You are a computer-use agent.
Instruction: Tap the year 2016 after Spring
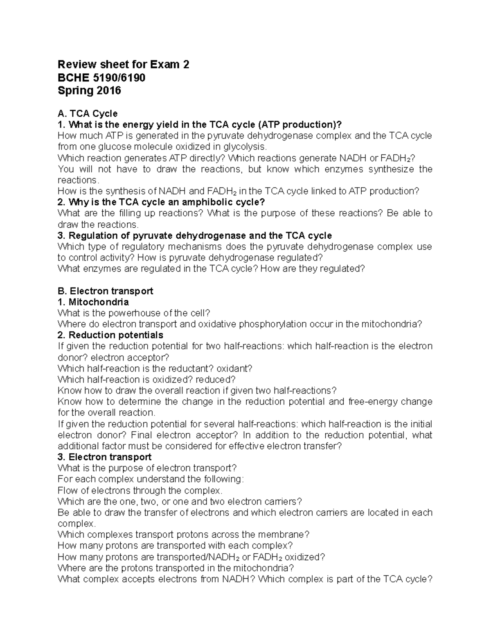coord(108,91)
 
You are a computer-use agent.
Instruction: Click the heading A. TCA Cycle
coord(88,113)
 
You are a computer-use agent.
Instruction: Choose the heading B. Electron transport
coord(105,291)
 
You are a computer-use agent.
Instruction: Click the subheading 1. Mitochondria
coord(93,302)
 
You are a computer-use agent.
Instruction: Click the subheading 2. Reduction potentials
coord(110,335)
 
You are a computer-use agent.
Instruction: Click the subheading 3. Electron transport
coord(104,457)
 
